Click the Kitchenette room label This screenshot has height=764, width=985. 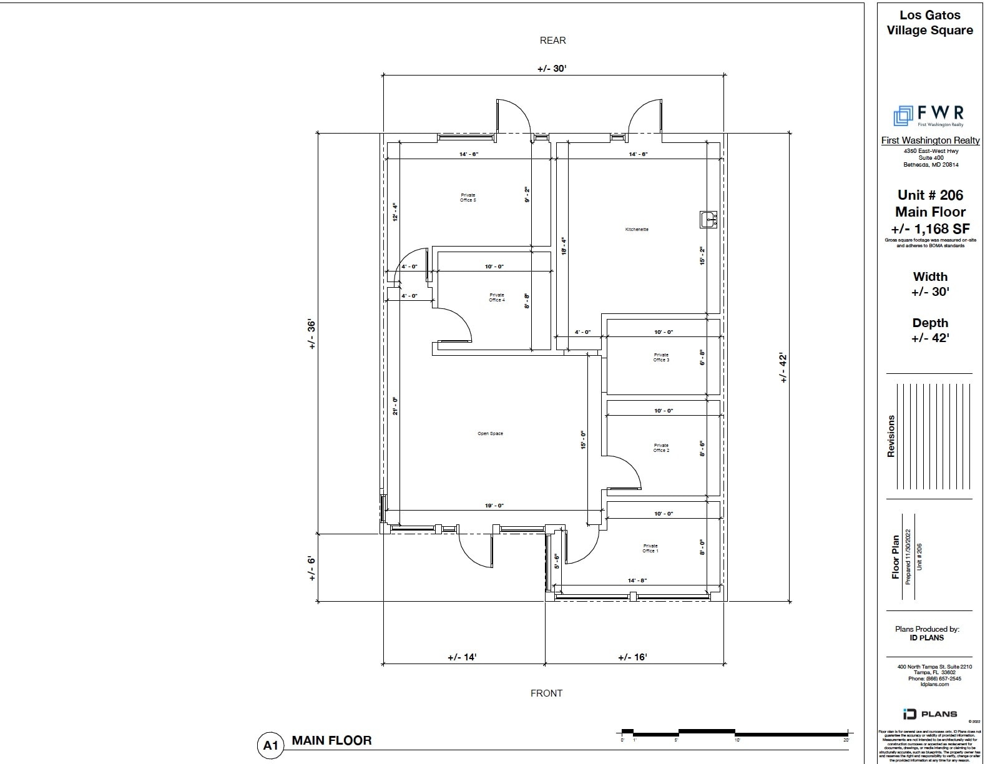click(637, 229)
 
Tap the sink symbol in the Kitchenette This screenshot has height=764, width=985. click(708, 219)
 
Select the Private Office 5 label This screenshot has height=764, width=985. click(468, 197)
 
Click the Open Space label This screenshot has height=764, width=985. click(490, 433)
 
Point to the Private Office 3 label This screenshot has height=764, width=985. click(661, 357)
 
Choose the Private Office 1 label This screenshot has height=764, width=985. click(650, 548)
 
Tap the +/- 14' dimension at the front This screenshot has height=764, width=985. click(462, 657)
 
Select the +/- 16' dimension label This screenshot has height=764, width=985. click(632, 657)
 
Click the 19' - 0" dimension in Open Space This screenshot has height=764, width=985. click(494, 506)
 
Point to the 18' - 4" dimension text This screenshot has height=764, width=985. click(563, 245)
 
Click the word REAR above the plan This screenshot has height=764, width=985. click(552, 41)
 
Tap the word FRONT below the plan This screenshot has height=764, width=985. click(546, 693)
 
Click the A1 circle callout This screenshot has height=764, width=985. click(270, 745)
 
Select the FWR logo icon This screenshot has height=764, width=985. click(903, 115)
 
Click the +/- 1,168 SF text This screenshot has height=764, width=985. click(930, 228)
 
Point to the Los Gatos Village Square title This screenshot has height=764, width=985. click(929, 22)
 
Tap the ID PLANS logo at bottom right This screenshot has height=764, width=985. click(929, 713)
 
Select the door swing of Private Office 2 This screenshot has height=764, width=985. click(627, 472)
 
